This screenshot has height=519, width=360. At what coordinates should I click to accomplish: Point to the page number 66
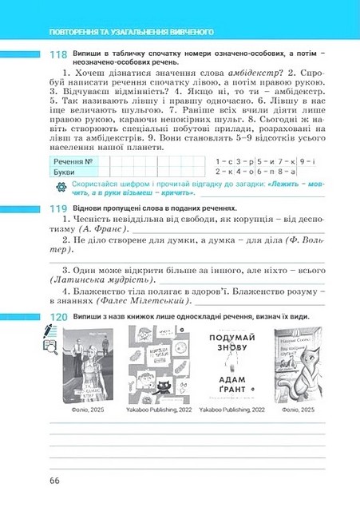tap(54, 480)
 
